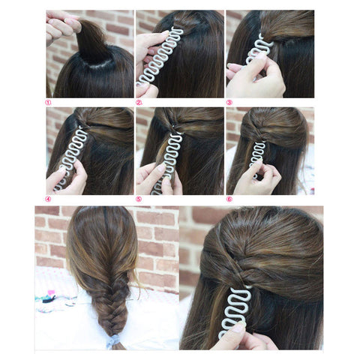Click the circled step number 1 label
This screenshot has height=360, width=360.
[x=48, y=103]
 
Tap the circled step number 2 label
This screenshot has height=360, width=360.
[x=139, y=103]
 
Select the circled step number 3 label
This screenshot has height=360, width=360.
[x=229, y=103]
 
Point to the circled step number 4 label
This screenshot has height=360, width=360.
[x=48, y=199]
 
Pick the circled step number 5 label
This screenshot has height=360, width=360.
[x=139, y=199]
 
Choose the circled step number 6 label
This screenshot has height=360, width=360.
[x=229, y=199]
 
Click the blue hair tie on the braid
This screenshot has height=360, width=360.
[x=112, y=341]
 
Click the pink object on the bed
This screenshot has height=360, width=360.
[x=51, y=293]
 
